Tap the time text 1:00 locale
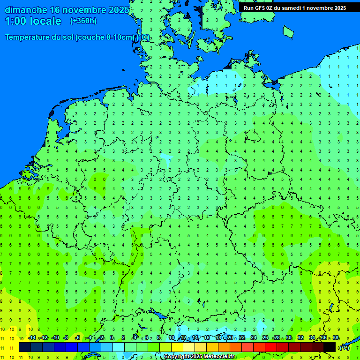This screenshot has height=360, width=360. click(x=33, y=21)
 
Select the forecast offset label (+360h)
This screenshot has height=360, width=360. click(x=83, y=21)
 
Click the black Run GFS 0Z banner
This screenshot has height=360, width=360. click(x=294, y=7)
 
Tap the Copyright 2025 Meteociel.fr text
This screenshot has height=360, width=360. click(x=200, y=357)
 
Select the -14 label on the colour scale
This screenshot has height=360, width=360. click(x=32, y=338)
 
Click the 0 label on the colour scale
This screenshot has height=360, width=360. click(x=112, y=338)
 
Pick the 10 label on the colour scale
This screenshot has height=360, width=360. click(x=172, y=338)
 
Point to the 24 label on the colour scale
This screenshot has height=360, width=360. click(x=254, y=338)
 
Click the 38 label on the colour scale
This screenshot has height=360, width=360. click(x=336, y=338)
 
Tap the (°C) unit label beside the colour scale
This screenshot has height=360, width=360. click(x=344, y=348)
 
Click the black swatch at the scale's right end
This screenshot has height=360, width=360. click(x=330, y=347)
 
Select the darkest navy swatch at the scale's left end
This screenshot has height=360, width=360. click(x=25, y=347)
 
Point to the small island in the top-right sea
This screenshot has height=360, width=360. click(x=288, y=31)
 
